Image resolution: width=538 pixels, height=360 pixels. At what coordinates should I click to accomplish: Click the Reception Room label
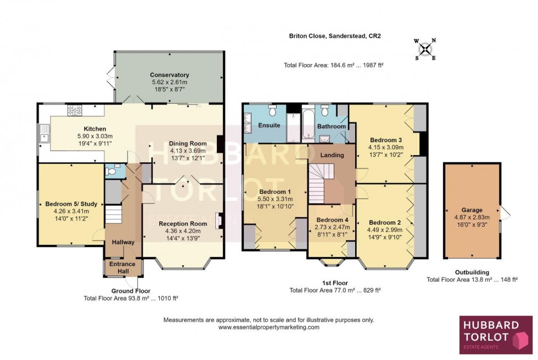point(183,223)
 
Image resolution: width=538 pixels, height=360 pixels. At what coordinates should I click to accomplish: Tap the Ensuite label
point(269,126)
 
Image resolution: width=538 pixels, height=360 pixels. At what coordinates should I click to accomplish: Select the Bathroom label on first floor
point(332,127)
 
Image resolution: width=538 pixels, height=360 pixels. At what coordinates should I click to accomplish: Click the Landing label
point(332,155)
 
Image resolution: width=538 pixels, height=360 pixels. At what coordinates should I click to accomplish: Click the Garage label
point(472,210)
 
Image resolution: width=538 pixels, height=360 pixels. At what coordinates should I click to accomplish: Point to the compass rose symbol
point(424,49)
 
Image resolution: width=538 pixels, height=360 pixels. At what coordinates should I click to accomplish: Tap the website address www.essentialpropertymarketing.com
point(268,327)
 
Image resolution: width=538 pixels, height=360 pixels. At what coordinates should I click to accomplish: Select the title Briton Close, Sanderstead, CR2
point(335,37)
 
